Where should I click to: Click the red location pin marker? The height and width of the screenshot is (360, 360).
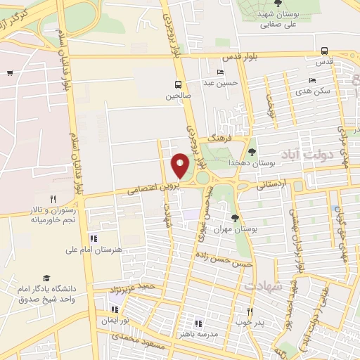tap(181, 165)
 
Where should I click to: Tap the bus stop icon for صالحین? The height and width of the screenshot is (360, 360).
tap(179, 84)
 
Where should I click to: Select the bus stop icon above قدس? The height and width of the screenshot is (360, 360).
tap(324, 51)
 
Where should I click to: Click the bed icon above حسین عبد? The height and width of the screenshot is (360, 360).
tap(221, 72)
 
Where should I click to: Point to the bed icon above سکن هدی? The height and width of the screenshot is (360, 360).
tap(312, 81)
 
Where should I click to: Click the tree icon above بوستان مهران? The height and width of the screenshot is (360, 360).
tap(235, 218)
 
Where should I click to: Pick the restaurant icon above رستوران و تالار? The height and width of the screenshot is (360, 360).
tap(53, 199)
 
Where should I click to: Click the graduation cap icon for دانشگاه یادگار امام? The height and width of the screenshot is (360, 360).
tap(46, 278)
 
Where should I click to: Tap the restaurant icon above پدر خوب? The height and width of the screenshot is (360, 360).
tap(249, 311)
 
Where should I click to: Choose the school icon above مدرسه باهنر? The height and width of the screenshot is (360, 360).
tap(198, 323)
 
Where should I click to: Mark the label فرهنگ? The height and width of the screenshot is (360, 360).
tap(220, 139)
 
